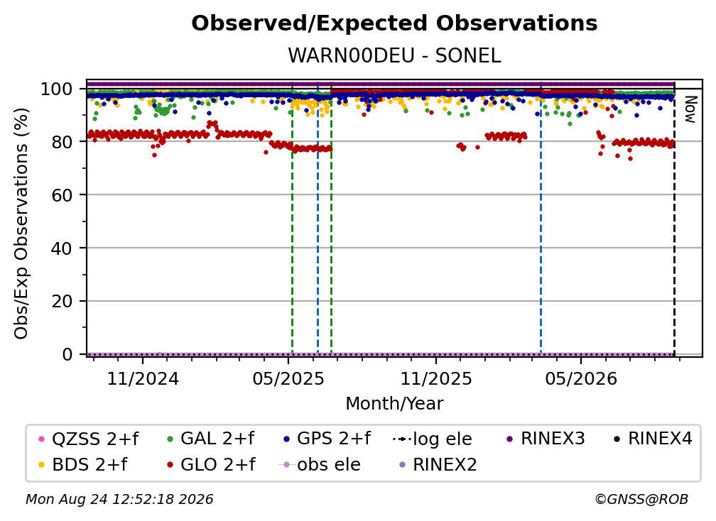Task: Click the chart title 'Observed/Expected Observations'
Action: click(394, 23)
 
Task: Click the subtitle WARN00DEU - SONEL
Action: click(394, 55)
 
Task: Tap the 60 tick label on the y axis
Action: click(61, 194)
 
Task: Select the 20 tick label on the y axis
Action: click(61, 301)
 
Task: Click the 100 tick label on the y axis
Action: click(56, 89)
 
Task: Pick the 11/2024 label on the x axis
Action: click(143, 378)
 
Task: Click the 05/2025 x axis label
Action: click(288, 378)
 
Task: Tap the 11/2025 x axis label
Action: click(436, 378)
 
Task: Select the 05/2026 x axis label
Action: click(581, 378)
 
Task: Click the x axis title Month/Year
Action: click(394, 403)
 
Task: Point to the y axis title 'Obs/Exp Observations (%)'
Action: click(21, 224)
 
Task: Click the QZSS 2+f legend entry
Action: click(89, 439)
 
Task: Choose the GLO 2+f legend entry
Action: click(211, 464)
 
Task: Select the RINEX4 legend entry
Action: click(653, 439)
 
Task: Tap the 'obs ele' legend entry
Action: click(319, 464)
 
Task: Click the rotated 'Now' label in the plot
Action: click(690, 109)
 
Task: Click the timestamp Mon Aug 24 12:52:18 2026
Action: click(119, 499)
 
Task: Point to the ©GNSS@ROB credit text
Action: click(641, 499)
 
